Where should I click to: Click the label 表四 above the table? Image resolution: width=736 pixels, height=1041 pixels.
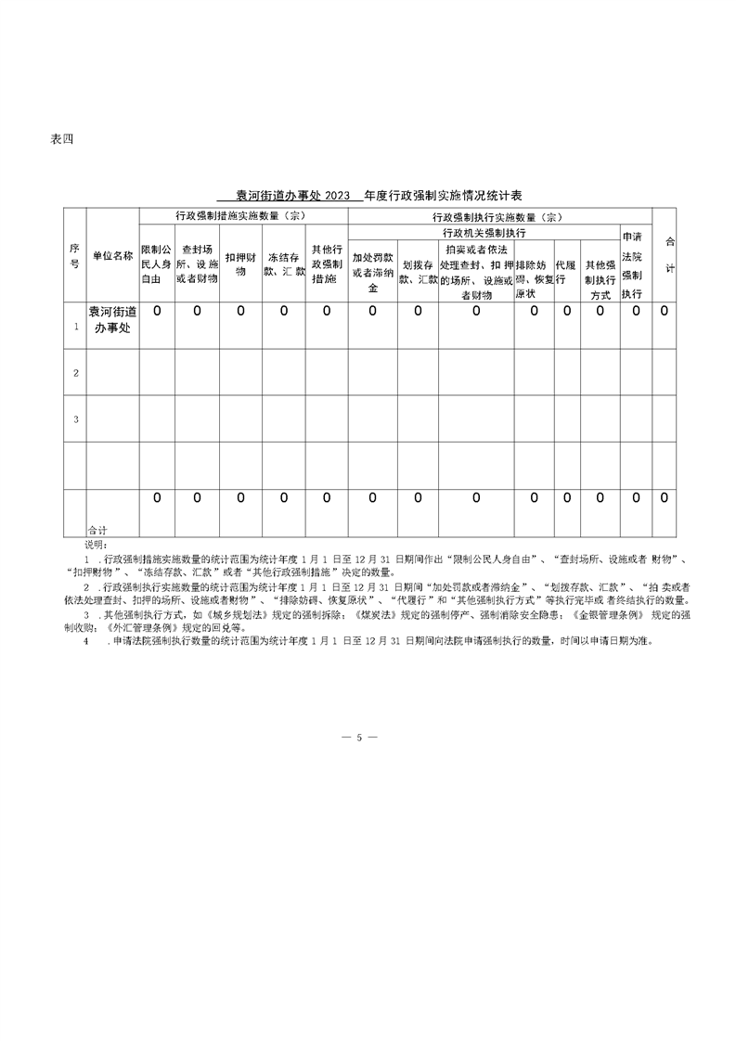(60, 140)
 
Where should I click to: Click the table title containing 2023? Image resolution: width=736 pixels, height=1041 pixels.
(368, 196)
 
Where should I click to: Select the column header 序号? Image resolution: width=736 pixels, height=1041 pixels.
(74, 255)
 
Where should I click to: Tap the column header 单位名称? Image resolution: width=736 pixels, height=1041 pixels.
(112, 255)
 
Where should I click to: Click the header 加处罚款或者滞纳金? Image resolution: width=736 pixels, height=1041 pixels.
(372, 271)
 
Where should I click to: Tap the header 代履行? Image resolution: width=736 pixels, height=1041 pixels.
(566, 271)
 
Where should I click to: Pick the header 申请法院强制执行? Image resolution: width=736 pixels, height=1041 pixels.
(632, 263)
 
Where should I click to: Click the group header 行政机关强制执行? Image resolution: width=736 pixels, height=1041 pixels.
(484, 232)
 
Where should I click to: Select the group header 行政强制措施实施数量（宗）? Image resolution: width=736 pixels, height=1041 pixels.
(242, 216)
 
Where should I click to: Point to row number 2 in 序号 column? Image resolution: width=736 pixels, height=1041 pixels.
(75, 372)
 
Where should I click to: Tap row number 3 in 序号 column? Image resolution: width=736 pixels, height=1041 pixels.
(75, 419)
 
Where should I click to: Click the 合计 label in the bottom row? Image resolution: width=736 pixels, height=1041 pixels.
(97, 528)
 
